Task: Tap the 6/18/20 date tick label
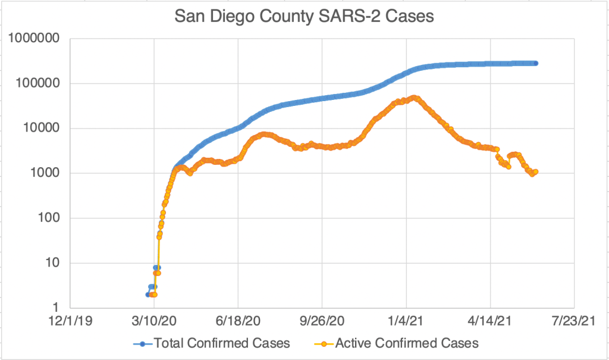(x=238, y=322)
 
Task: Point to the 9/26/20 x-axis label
(x=322, y=322)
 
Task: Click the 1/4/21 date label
(x=406, y=322)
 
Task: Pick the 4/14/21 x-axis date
(x=490, y=322)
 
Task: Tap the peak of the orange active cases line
(x=415, y=98)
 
